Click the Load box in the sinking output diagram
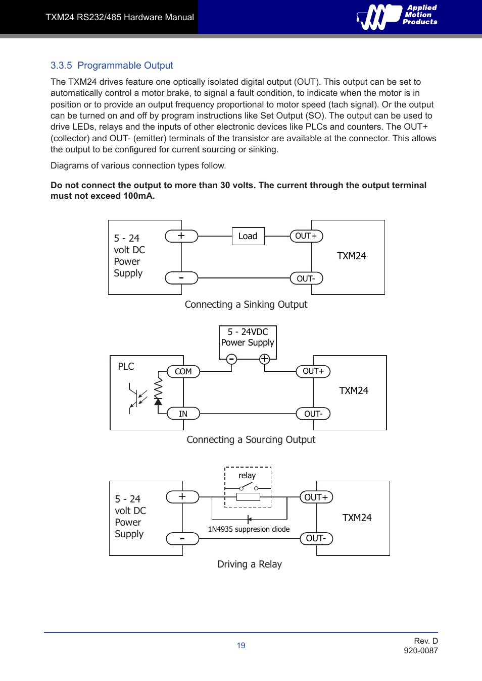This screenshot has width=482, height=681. [x=248, y=236]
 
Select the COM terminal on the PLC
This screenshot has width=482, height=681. [x=183, y=372]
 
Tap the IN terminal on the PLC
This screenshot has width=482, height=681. [x=183, y=414]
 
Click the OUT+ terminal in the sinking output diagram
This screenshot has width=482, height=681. [x=306, y=236]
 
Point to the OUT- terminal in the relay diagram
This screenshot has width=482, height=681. [x=316, y=538]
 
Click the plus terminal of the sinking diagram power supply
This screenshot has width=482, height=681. [x=181, y=236]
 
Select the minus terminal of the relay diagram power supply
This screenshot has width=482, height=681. [x=182, y=539]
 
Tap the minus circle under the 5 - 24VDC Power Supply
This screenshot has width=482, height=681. [x=231, y=359]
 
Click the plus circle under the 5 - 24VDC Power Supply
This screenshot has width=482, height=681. [x=264, y=359]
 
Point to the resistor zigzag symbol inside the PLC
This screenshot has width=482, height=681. [x=158, y=388]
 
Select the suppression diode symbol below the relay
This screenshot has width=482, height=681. [x=249, y=519]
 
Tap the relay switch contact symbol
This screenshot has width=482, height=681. [x=248, y=487]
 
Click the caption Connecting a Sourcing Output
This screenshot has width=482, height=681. [x=251, y=439]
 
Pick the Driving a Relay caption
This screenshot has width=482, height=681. [x=250, y=564]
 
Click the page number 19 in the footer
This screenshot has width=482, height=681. [x=241, y=646]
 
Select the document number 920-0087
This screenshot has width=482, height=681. [x=420, y=651]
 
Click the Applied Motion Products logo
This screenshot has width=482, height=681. [x=397, y=17]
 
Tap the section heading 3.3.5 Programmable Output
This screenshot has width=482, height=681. [x=112, y=66]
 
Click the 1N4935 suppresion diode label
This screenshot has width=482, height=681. [x=249, y=529]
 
